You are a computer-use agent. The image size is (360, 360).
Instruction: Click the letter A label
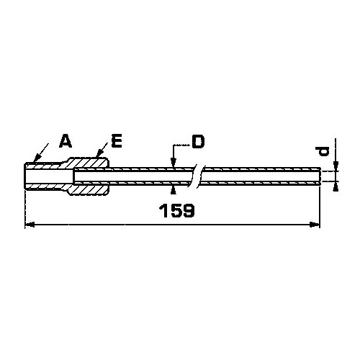(x=66, y=141)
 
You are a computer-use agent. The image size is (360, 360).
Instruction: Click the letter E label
(x=117, y=141)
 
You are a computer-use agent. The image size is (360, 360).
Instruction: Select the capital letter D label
(x=199, y=142)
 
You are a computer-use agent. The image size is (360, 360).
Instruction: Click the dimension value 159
(x=177, y=211)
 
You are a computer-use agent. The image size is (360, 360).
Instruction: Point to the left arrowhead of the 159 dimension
(x=30, y=225)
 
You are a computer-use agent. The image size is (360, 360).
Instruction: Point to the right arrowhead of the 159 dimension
(x=315, y=225)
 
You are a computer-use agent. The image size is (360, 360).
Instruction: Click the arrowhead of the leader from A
(x=37, y=158)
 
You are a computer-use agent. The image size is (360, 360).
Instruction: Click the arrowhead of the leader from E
(x=99, y=153)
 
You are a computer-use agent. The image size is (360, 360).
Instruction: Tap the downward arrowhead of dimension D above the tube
(x=173, y=163)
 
